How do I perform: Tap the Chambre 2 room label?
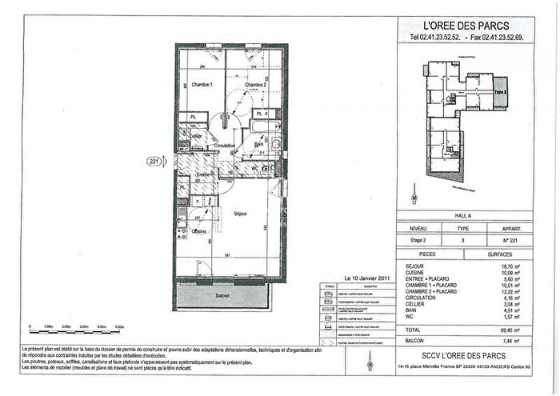coord(254,85)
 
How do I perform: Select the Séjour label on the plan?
coord(239,214)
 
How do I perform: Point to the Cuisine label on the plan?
coord(199,230)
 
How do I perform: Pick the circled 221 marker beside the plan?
coord(154,161)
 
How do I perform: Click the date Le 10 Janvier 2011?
coord(366,278)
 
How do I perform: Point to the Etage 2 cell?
coord(420,239)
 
